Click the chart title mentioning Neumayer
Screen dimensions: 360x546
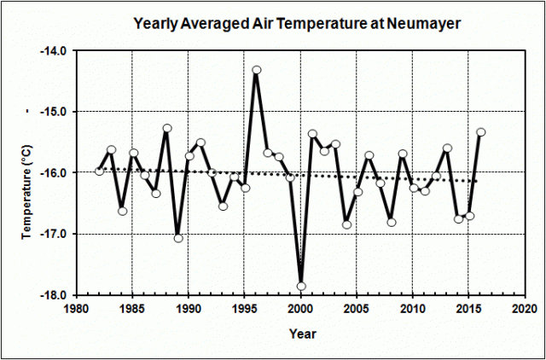(x=298, y=25)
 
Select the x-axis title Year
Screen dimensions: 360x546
(x=300, y=332)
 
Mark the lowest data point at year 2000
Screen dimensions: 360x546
(x=301, y=287)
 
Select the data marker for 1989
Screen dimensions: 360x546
(x=178, y=238)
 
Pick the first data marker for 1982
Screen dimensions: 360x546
(x=100, y=171)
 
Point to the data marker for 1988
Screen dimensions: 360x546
(x=167, y=129)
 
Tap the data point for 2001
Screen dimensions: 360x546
(x=313, y=134)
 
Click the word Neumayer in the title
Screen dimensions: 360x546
(x=426, y=25)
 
